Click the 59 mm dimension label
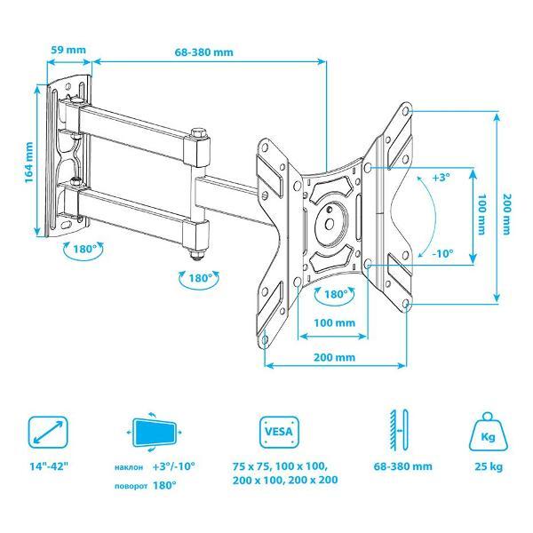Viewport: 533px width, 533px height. click(68, 50)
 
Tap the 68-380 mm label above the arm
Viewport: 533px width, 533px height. click(204, 52)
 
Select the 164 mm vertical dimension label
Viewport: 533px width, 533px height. click(29, 163)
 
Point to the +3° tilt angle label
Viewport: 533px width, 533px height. click(441, 177)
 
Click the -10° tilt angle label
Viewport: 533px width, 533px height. click(442, 253)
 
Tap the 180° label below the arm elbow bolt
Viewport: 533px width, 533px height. click(200, 278)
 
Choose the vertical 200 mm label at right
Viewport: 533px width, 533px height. click(507, 214)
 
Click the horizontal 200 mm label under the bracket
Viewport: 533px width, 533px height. click(335, 357)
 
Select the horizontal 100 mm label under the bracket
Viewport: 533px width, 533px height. click(335, 322)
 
